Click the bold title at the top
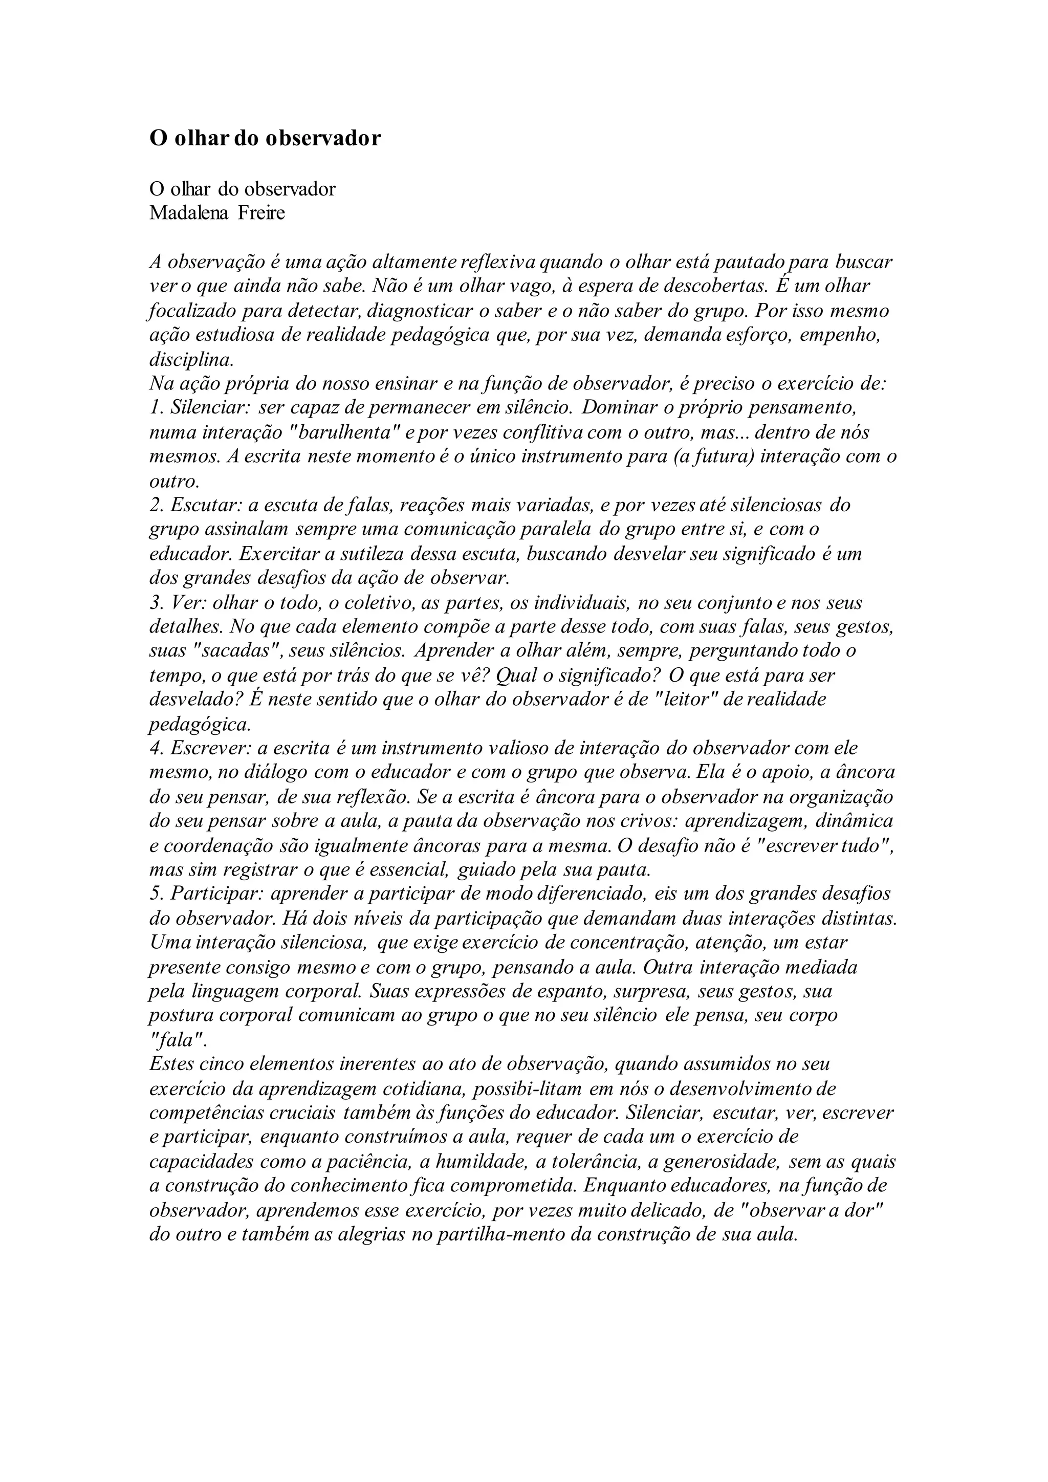pyautogui.click(x=265, y=139)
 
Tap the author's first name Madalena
pyautogui.click(x=188, y=213)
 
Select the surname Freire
pyautogui.click(x=261, y=213)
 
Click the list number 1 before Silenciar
pyautogui.click(x=154, y=408)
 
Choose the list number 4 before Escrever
pyautogui.click(x=155, y=748)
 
